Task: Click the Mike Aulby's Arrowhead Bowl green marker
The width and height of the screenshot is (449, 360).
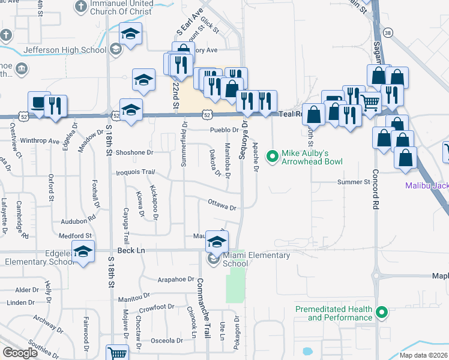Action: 273,157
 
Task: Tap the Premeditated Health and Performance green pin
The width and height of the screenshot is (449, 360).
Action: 381,312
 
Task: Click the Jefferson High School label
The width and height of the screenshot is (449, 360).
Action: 65,50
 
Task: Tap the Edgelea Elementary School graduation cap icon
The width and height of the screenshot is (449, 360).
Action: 83,252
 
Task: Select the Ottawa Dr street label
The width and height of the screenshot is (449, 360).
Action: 223,206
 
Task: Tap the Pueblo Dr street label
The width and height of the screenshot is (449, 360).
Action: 224,130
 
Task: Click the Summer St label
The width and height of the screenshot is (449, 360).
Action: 354,182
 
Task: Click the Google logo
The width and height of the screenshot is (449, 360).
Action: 20,353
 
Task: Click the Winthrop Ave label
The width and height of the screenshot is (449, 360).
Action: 40,142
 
